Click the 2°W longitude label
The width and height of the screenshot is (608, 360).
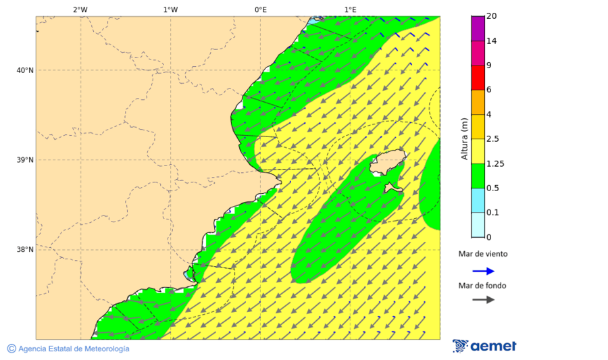click(80, 9)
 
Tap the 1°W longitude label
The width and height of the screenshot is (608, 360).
click(170, 9)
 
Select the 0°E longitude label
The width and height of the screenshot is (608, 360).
click(260, 9)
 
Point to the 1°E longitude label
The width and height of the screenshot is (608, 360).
click(350, 9)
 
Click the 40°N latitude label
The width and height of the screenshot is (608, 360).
click(25, 70)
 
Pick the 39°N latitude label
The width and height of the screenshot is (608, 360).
click(25, 160)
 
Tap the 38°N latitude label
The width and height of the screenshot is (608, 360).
click(25, 250)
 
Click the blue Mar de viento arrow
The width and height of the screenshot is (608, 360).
click(483, 271)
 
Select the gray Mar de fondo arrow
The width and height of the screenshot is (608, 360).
click(483, 300)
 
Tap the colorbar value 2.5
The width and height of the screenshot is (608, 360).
click(492, 139)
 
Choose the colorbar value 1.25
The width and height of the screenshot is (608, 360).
click(495, 163)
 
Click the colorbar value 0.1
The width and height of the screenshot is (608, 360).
click(492, 213)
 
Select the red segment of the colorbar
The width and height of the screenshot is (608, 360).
click(478, 77)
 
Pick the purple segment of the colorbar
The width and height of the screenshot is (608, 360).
click(478, 28)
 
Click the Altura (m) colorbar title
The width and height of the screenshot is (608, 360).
click(464, 138)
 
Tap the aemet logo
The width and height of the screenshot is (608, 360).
click(484, 346)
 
